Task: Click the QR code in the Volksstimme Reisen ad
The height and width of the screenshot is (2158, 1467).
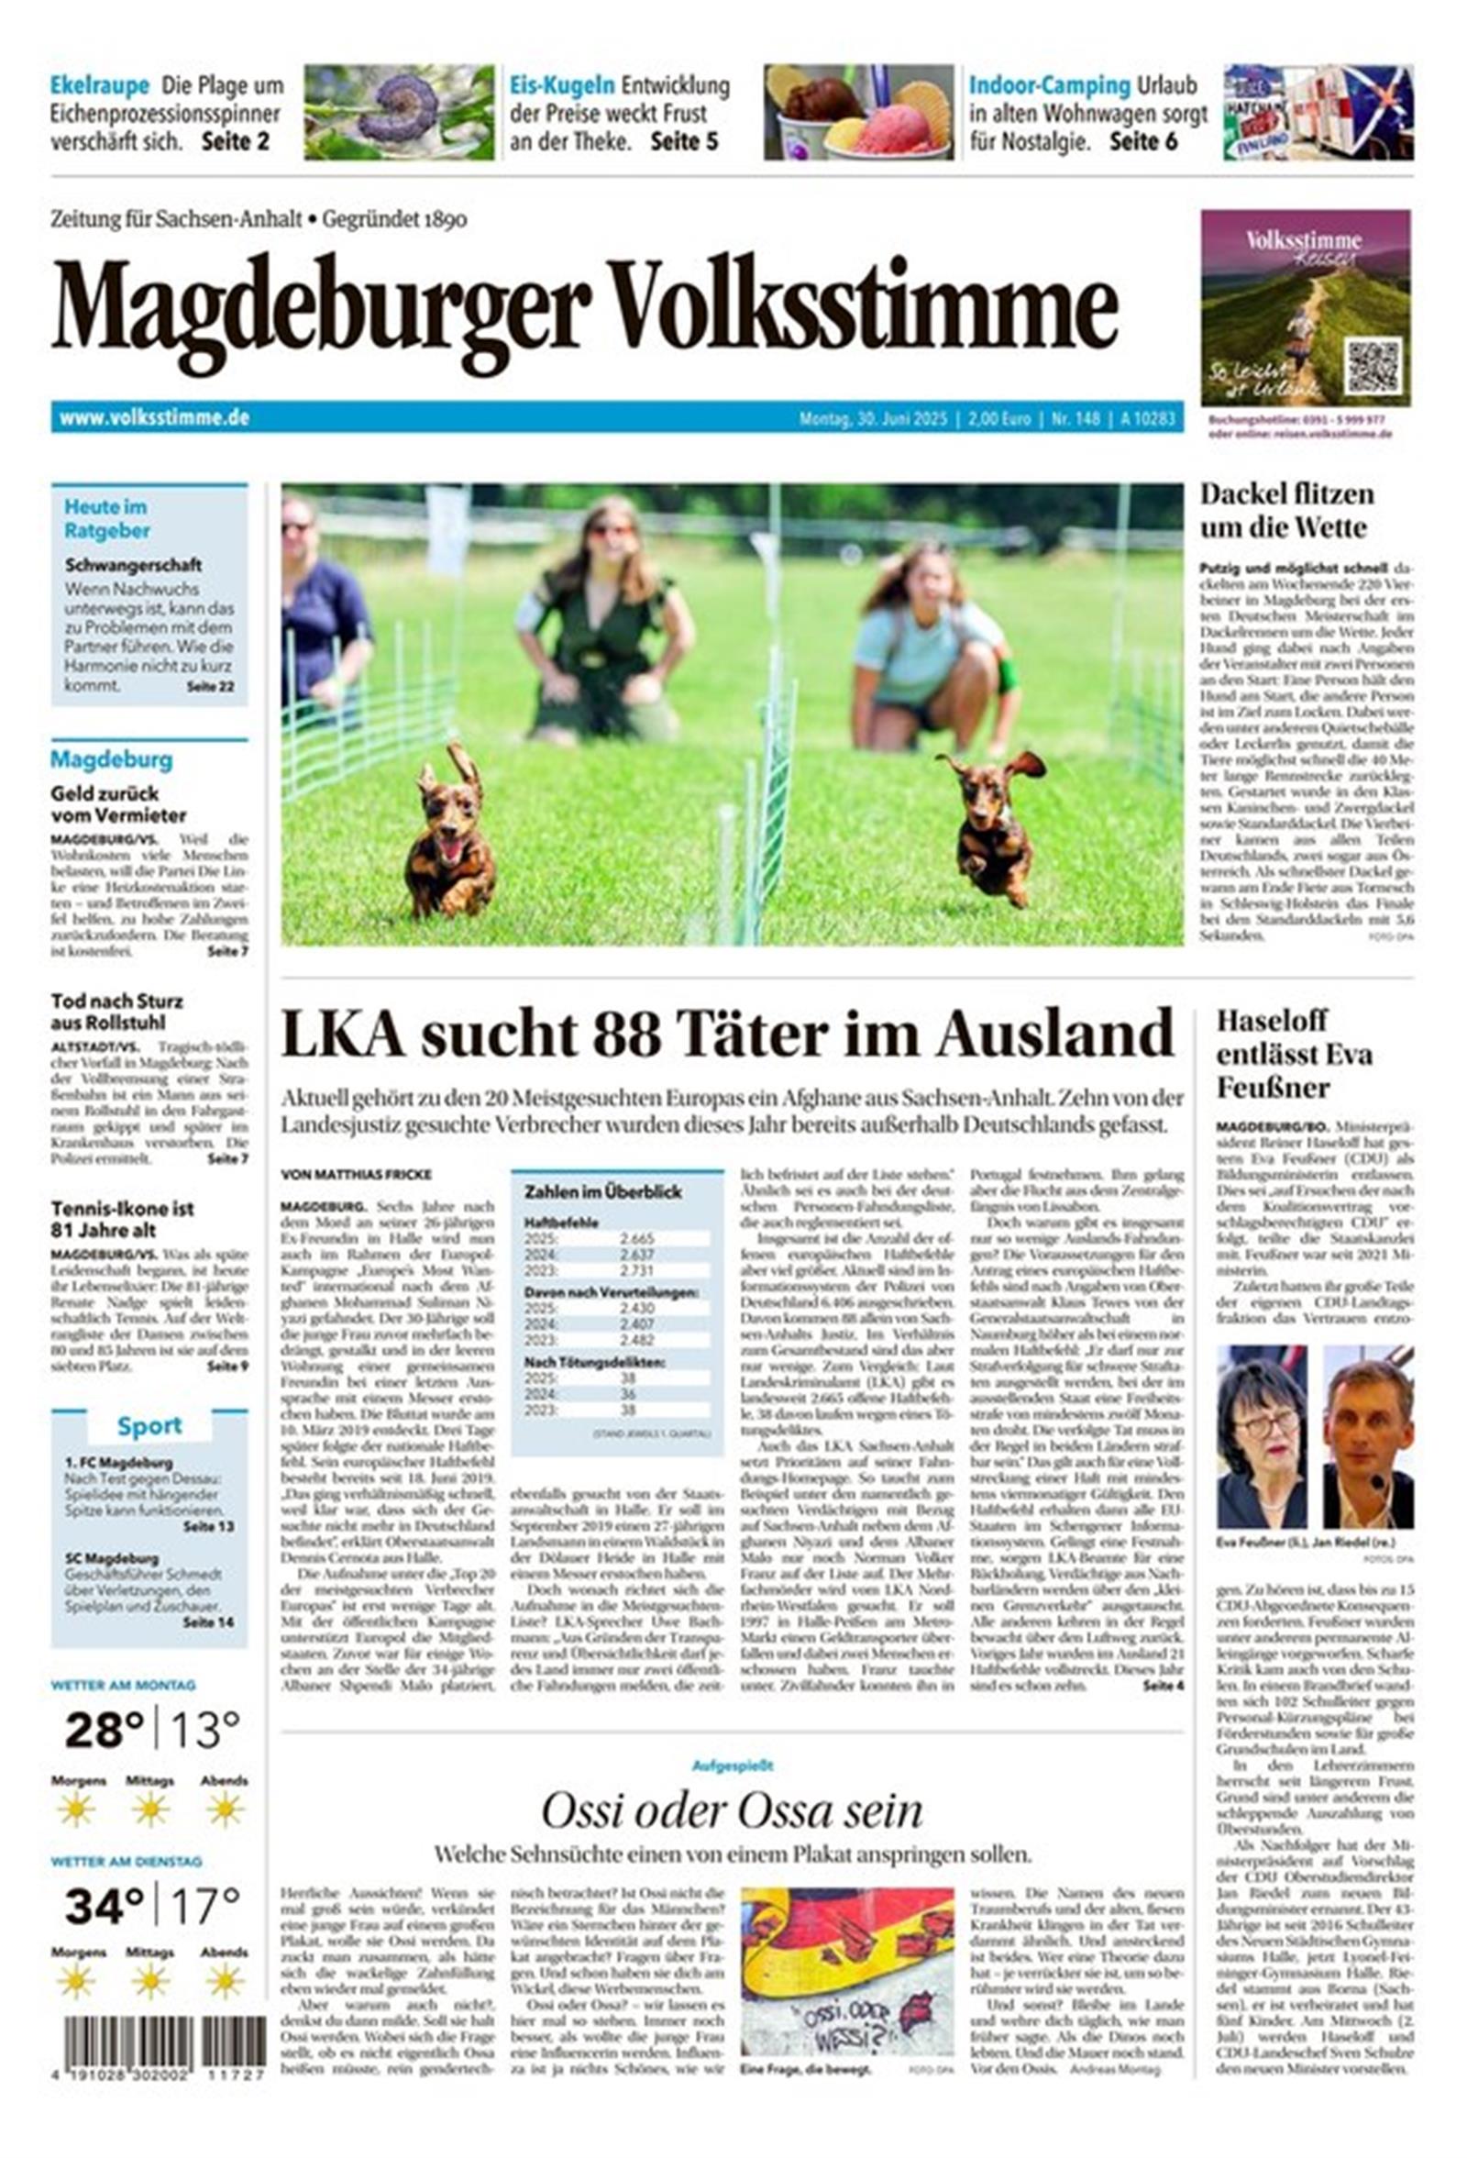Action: [1372, 366]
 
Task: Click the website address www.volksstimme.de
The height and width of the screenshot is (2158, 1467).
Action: [154, 418]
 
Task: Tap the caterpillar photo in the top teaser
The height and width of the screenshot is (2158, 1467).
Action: [398, 113]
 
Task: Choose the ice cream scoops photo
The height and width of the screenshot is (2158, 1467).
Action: [858, 113]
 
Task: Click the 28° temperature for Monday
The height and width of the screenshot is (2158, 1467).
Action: [104, 1729]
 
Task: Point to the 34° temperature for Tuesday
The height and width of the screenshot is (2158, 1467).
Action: [104, 1906]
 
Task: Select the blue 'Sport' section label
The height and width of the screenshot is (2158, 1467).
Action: [149, 1425]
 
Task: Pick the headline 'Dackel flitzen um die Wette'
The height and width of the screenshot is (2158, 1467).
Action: [1286, 510]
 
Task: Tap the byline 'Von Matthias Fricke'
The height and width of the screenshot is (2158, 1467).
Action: [356, 1174]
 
